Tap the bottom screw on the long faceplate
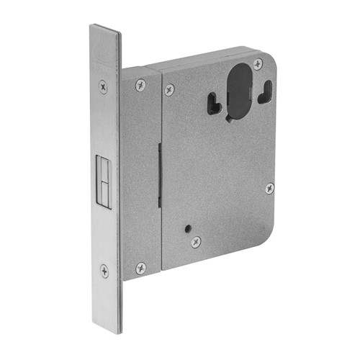[x=104, y=271]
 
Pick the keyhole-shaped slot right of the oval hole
[x=266, y=89]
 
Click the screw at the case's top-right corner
[x=258, y=64]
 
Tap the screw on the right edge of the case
[x=269, y=188]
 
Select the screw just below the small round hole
[x=195, y=242]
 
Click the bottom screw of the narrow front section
[x=140, y=268]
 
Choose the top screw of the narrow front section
[x=140, y=84]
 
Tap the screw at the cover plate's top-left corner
[x=169, y=89]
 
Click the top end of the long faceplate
[x=105, y=29]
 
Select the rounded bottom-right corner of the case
[x=268, y=234]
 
